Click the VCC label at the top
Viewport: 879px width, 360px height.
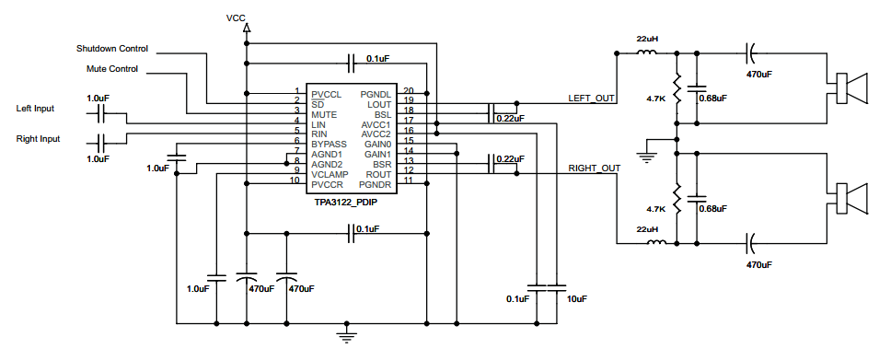tap(236, 17)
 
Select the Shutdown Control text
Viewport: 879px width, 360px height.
tap(112, 49)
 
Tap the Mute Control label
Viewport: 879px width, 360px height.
tap(112, 69)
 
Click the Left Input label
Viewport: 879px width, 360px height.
tap(35, 109)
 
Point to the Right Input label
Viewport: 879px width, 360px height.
tap(38, 138)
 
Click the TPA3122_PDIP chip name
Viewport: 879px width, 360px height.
tap(346, 202)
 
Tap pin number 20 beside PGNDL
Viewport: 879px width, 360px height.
tap(408, 91)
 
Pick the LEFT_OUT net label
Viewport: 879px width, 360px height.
tap(592, 99)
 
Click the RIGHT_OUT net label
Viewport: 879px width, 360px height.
tap(595, 168)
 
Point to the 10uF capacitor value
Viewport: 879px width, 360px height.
tap(576, 299)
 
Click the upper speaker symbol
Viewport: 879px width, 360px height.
tap(851, 88)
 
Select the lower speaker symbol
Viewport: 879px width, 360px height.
tap(851, 198)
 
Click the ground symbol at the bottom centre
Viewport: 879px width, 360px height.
tap(347, 335)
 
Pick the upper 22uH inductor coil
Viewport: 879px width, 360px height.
tap(647, 52)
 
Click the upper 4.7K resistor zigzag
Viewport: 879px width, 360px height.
tap(677, 88)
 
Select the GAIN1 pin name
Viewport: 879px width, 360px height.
tap(377, 154)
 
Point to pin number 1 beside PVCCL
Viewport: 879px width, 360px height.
tap(297, 91)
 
